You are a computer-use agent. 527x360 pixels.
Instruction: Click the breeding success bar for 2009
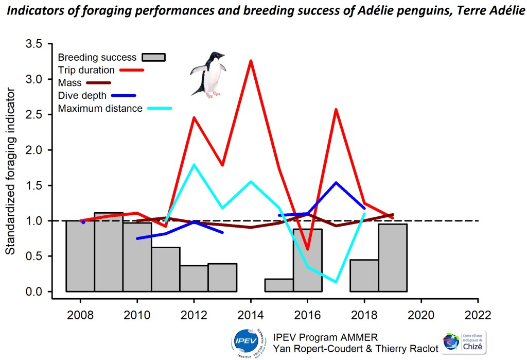[x=109, y=252]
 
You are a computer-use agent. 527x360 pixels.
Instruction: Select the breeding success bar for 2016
[x=308, y=260]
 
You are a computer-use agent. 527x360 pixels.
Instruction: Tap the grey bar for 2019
[x=393, y=258]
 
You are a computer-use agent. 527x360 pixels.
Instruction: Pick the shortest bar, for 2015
[x=279, y=285]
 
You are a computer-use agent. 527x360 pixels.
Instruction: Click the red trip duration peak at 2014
[x=251, y=61]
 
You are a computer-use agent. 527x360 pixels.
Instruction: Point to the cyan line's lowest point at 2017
[x=336, y=282]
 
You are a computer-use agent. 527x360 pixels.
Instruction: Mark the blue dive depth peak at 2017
[x=336, y=183]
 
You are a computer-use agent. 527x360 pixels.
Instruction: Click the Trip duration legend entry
[x=86, y=70]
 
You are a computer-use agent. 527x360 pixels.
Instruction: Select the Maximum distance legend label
[x=100, y=109]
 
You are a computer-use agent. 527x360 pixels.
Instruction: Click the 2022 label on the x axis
[x=478, y=314]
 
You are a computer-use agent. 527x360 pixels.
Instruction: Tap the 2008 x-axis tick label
[x=80, y=314]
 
